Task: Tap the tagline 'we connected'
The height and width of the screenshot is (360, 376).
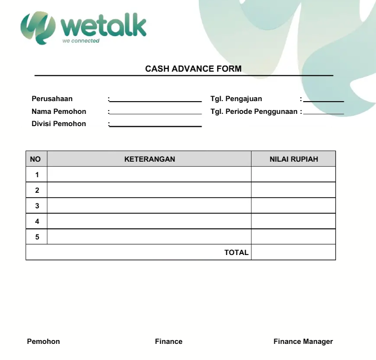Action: click(81, 41)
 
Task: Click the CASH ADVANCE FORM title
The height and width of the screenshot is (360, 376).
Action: click(193, 69)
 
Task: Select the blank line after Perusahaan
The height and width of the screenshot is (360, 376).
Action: click(156, 100)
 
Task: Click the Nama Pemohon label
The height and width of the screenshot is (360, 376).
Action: click(59, 112)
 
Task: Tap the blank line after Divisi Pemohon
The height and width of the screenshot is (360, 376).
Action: click(156, 125)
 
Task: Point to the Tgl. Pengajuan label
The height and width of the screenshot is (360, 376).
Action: click(236, 99)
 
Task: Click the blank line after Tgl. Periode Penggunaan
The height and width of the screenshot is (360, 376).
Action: click(324, 112)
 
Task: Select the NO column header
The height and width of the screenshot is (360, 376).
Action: click(36, 159)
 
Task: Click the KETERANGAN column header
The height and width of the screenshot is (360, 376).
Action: click(149, 159)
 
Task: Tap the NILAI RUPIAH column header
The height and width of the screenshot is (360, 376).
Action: click(294, 159)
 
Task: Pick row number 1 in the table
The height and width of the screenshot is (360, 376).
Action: click(37, 174)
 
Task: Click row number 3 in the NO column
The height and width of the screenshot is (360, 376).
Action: click(37, 206)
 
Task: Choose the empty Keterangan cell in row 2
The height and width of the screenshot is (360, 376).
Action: click(149, 190)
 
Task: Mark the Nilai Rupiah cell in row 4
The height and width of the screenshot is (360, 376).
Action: click(294, 221)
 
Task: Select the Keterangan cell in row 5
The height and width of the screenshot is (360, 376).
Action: click(149, 237)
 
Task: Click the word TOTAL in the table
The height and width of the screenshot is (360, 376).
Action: click(236, 252)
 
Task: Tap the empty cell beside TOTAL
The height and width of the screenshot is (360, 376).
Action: click(294, 252)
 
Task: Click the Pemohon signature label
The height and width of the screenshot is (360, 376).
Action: click(43, 342)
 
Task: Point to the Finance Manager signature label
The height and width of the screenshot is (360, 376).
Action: click(303, 342)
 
